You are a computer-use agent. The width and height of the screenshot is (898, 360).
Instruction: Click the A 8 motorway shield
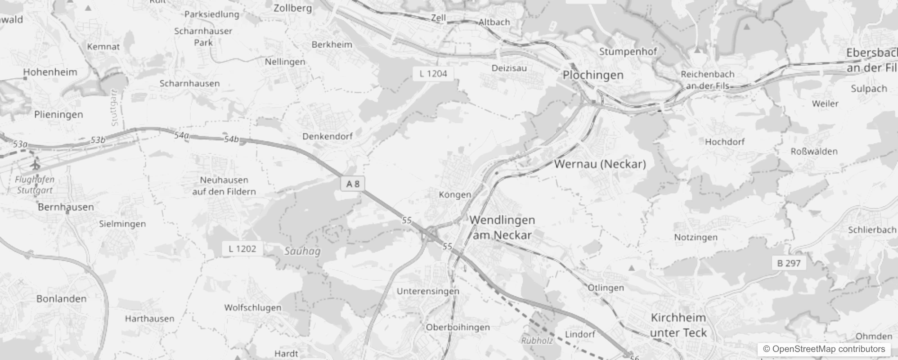pos(353,184)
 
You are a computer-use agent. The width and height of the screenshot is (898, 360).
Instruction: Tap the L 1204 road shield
pos(433,74)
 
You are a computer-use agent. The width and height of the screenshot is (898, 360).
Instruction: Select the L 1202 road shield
pos(242,248)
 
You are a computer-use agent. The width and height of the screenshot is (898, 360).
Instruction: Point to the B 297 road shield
pos(789,263)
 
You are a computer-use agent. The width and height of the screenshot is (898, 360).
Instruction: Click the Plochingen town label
pos(593,75)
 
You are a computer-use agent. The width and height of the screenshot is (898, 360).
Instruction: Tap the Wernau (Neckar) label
pos(600,164)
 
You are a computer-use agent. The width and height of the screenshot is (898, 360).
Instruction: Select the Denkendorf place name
pos(327,136)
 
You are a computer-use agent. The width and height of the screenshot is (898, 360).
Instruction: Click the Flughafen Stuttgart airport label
pos(35,184)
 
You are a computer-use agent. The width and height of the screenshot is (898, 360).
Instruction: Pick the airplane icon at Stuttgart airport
pos(35,165)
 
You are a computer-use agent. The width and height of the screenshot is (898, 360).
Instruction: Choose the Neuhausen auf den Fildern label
pos(224,186)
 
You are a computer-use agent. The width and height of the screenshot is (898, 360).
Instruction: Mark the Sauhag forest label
pos(302,251)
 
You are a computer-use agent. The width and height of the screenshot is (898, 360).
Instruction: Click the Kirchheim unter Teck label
pos(678,325)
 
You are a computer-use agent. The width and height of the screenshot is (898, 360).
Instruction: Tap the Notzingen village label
pos(696,237)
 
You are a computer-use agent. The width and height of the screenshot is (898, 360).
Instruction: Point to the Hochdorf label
pos(724,142)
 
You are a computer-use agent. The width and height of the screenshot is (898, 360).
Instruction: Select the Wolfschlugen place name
pos(252,308)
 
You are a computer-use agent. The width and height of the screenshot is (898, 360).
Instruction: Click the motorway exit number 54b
pos(231,139)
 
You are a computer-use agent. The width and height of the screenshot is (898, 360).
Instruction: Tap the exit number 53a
pos(20,144)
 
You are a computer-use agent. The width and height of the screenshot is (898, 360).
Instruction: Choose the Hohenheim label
pos(50,72)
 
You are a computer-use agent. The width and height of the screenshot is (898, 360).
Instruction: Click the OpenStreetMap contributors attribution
pos(824,349)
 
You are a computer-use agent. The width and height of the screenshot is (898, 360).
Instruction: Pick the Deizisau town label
pos(509,68)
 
